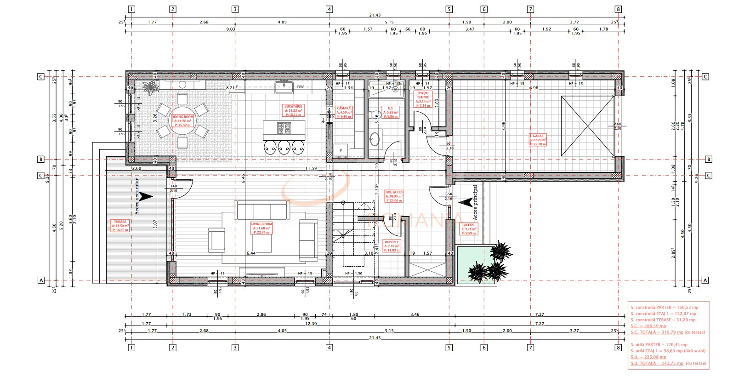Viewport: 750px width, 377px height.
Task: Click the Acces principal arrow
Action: click(x=466, y=201)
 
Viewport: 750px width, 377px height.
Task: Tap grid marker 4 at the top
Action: click(x=329, y=9)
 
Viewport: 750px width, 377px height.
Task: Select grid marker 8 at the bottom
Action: click(x=619, y=348)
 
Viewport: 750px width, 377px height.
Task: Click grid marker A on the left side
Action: click(x=41, y=280)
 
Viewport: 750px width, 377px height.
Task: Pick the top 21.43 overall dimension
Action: click(x=375, y=15)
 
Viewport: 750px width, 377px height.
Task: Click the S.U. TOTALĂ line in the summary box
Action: click(x=655, y=363)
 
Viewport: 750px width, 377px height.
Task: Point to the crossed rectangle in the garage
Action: click(x=587, y=126)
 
